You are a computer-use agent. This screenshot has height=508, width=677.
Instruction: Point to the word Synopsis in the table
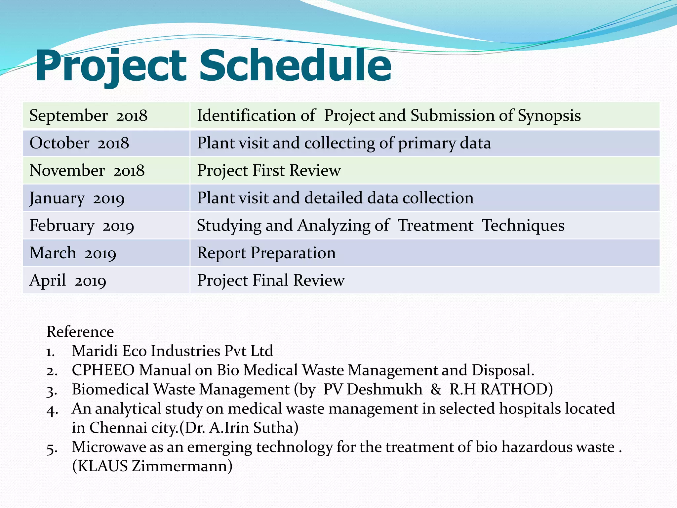[x=549, y=116]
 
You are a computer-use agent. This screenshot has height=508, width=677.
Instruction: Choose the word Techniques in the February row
[x=523, y=226]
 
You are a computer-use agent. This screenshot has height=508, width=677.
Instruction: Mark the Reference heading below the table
[x=80, y=332]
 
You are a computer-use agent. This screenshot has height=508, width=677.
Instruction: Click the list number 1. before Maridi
[x=50, y=352]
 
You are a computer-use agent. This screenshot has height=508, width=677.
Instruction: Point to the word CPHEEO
[x=103, y=370]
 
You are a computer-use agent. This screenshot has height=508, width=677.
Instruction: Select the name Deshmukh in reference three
[x=384, y=389]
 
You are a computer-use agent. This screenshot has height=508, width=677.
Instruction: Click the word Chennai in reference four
[x=118, y=428]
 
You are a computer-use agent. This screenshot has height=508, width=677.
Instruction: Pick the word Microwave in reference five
[x=109, y=447]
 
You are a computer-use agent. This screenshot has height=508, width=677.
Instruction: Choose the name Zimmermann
[x=182, y=466]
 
